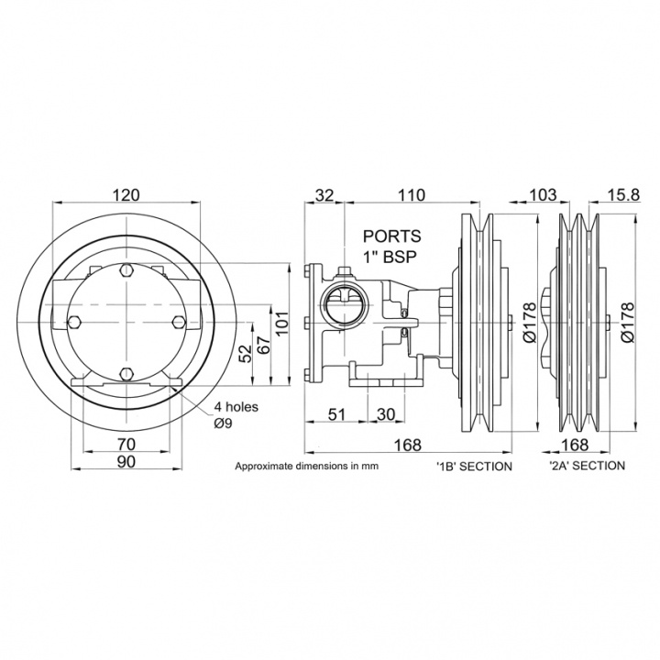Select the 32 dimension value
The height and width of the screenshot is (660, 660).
click(x=324, y=195)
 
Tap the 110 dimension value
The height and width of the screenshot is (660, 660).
click(x=412, y=195)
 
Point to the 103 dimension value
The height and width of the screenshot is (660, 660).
click(x=544, y=195)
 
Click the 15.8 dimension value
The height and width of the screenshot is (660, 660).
click(x=622, y=195)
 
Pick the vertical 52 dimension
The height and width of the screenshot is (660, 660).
click(x=244, y=353)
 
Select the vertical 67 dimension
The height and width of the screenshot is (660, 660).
click(x=263, y=346)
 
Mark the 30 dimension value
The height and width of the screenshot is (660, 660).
click(x=385, y=415)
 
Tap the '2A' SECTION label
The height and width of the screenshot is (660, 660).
click(x=588, y=467)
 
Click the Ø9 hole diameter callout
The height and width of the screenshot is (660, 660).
click(x=225, y=423)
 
